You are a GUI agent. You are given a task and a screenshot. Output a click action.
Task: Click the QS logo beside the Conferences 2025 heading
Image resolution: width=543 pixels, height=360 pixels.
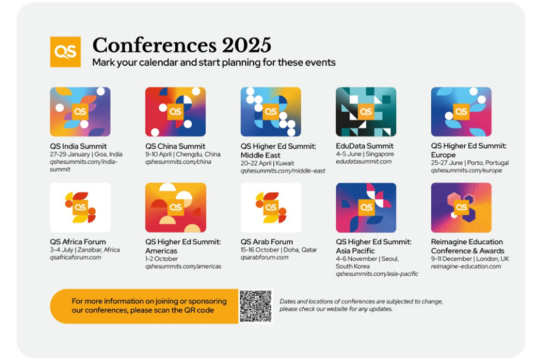click(x=66, y=52)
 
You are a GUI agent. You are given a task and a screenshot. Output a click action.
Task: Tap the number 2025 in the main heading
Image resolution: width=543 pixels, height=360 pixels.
click(x=246, y=45)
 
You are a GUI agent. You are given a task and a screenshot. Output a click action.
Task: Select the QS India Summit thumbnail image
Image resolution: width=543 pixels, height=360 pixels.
click(x=80, y=112)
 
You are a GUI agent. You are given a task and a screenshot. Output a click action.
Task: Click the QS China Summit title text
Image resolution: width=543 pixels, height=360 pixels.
click(x=175, y=146)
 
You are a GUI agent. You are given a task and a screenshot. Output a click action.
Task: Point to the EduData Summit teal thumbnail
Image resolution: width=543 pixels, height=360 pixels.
click(x=366, y=112)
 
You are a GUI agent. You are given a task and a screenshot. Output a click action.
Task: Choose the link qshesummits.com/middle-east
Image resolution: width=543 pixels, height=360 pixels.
click(x=283, y=170)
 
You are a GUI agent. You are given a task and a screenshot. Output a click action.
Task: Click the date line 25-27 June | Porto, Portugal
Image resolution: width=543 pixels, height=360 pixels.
click(x=470, y=163)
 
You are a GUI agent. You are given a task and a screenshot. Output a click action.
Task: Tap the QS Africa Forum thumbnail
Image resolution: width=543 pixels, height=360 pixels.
click(x=80, y=208)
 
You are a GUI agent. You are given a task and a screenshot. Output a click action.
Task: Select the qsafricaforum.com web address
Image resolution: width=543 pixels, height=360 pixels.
click(x=75, y=257)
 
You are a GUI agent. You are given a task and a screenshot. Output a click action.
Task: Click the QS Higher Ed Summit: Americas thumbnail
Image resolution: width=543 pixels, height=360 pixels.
click(x=176, y=208)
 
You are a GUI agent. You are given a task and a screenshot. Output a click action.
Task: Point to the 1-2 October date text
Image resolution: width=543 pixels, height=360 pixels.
click(x=161, y=258)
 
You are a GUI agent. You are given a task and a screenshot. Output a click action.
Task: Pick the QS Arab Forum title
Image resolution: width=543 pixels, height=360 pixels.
click(x=266, y=242)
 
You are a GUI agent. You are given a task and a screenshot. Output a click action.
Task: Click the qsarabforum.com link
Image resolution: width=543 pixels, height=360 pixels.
click(x=264, y=257)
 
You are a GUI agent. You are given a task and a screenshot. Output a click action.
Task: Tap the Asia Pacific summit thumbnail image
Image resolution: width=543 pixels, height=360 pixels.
click(x=366, y=208)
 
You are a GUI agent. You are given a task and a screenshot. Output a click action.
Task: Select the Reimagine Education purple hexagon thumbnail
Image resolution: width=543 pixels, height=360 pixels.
click(x=461, y=208)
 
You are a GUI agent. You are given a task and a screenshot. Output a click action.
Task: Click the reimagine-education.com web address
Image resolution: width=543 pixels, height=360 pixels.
click(x=466, y=266)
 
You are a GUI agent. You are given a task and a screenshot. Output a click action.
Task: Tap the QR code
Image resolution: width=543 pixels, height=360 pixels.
click(x=255, y=307)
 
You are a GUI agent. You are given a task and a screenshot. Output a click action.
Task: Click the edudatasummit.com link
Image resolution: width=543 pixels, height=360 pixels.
click(x=364, y=161)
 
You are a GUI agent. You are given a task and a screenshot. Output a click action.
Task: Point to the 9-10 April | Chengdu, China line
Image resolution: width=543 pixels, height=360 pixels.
click(x=183, y=154)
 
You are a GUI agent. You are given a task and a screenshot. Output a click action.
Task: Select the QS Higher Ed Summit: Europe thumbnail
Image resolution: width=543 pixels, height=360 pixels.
click(x=461, y=112)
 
